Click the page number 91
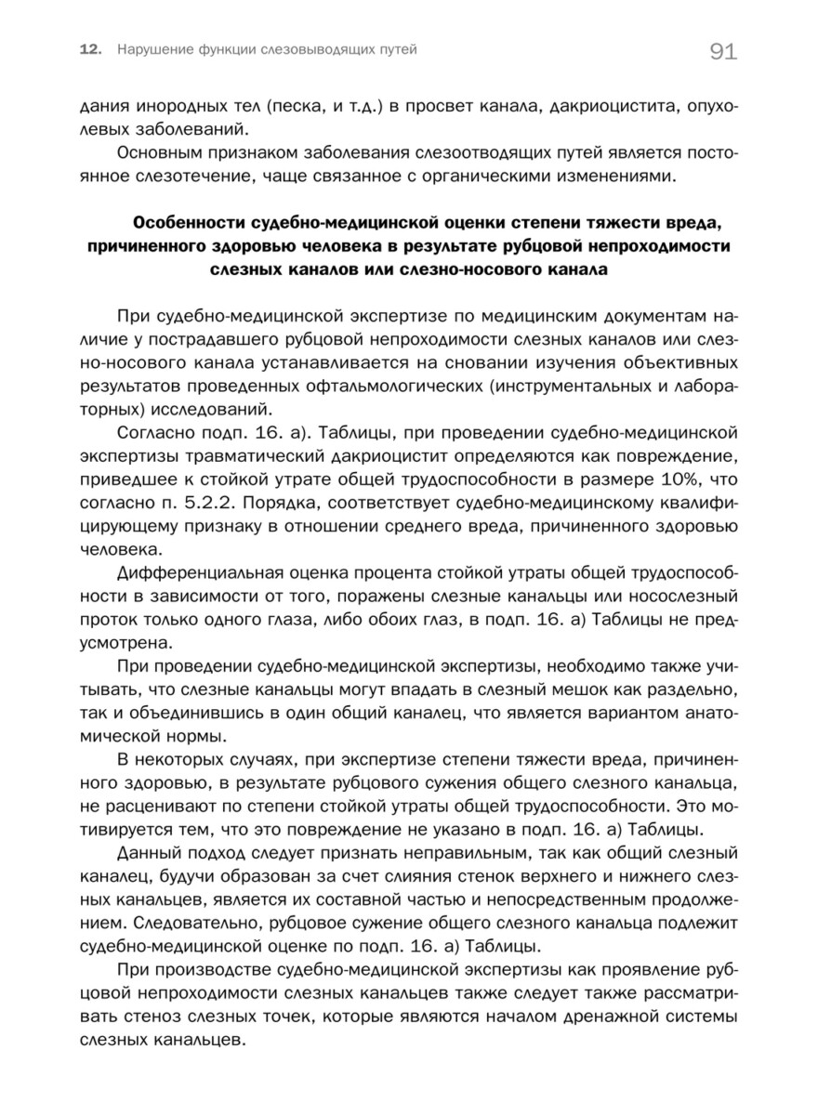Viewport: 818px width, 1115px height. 722,52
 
